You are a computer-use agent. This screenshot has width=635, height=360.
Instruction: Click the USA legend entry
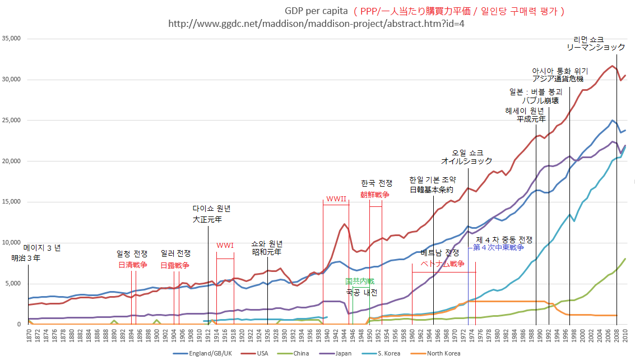pyautogui.click(x=262, y=353)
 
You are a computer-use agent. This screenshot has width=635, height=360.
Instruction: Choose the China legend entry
pyautogui.click(x=300, y=353)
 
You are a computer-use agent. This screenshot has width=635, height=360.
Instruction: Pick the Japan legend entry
pyautogui.click(x=343, y=353)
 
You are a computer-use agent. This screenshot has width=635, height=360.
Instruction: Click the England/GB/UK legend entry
pyautogui.click(x=210, y=353)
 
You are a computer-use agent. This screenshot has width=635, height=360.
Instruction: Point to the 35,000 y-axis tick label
pyautogui.click(x=11, y=39)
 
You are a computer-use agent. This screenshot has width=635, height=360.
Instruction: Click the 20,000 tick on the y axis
pyautogui.click(x=11, y=161)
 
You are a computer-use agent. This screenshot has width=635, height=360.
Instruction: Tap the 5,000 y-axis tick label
pyautogui.click(x=13, y=284)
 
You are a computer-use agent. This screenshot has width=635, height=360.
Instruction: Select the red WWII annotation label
pyautogui.click(x=336, y=199)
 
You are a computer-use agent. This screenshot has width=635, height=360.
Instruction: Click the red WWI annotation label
pyautogui.click(x=225, y=245)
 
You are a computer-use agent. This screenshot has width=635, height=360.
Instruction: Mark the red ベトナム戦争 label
pyautogui.click(x=443, y=264)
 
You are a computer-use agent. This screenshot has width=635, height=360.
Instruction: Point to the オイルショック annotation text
pyautogui.click(x=466, y=161)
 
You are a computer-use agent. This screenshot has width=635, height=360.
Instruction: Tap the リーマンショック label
pyautogui.click(x=595, y=48)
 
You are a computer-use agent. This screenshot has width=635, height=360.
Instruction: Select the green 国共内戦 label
pyautogui.click(x=359, y=281)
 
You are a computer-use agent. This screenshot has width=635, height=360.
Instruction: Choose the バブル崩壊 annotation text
pyautogui.click(x=540, y=101)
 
